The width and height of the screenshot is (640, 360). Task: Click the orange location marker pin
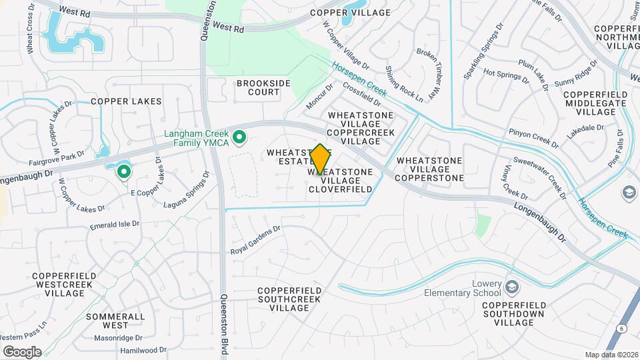coord(321,159)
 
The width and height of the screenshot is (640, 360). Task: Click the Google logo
coord(22,352)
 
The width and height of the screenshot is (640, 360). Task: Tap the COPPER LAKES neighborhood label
coord(127,101)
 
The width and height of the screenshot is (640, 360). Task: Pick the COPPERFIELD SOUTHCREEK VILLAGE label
coord(289,299)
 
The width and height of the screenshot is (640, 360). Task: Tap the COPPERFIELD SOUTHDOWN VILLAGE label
coord(514,313)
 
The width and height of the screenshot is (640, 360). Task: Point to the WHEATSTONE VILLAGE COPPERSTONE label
coord(430,170)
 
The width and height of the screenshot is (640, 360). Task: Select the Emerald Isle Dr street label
coord(114,225)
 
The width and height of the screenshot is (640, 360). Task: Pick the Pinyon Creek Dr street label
coord(533,138)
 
